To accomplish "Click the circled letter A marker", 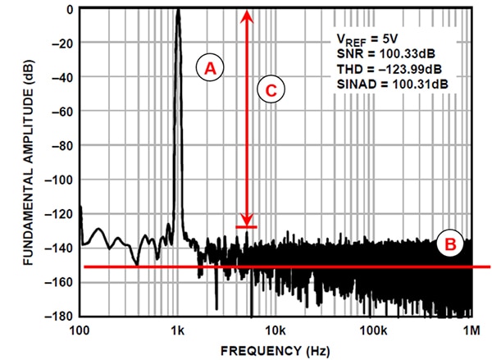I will pyautogui.click(x=210, y=70).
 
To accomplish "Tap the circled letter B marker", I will pyautogui.click(x=451, y=244).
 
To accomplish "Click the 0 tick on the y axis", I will pyautogui.click(x=71, y=10).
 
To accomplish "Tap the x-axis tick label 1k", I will pyautogui.click(x=177, y=330).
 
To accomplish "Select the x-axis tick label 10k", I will pyautogui.click(x=276, y=330).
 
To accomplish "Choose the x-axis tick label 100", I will pyautogui.click(x=80, y=330).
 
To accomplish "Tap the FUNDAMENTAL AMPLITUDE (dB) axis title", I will pyautogui.click(x=28, y=162).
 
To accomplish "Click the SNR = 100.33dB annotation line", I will pyautogui.click(x=384, y=54).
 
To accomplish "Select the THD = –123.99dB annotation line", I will pyautogui.click(x=389, y=69).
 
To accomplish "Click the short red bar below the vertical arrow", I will pyautogui.click(x=247, y=227).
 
